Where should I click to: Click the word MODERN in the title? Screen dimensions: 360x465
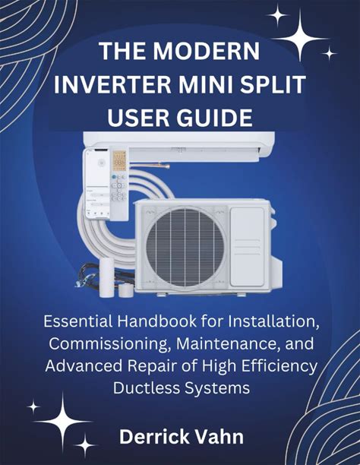point(206,51)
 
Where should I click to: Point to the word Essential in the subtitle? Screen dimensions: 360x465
point(78,321)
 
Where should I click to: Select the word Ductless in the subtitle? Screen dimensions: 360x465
point(147,387)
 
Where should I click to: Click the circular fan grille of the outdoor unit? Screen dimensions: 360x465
point(185,248)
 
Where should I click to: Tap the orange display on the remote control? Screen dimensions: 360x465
point(119,161)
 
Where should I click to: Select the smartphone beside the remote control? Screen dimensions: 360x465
point(96,184)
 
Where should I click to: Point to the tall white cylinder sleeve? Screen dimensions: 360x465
point(107,277)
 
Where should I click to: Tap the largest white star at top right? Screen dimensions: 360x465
point(300,38)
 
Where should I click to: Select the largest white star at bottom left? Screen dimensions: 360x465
point(63,421)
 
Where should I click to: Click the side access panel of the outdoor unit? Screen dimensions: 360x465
point(247,247)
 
